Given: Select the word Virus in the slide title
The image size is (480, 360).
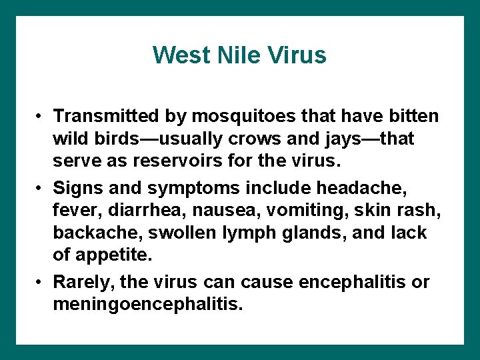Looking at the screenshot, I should [x=297, y=55].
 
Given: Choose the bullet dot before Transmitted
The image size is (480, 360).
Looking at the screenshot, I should [x=41, y=117].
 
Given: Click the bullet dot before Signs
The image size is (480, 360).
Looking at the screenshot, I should [x=41, y=186].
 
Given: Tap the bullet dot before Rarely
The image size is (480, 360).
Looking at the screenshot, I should [x=41, y=281].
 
